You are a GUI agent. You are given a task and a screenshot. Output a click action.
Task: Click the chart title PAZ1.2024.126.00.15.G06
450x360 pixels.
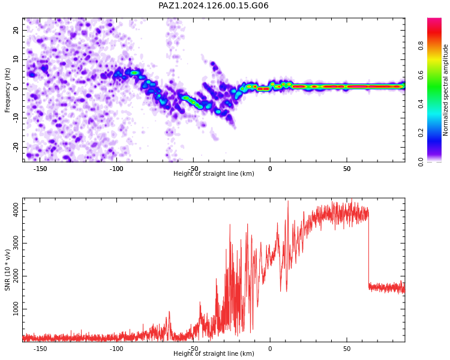[213, 6]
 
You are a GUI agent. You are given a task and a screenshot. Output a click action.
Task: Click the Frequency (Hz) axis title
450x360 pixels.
[7, 90]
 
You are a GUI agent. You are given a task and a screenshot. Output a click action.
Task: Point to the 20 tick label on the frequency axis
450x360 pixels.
[16, 30]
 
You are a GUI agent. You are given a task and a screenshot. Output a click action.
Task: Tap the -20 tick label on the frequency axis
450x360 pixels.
[16, 147]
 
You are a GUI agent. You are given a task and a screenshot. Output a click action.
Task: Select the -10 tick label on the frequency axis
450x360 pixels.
[16, 118]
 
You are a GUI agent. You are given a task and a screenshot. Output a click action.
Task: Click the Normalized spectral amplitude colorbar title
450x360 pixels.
[445, 90]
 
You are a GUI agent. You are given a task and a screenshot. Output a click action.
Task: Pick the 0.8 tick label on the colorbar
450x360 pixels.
[421, 46]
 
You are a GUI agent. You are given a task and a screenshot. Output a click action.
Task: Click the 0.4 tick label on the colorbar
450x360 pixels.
[421, 104]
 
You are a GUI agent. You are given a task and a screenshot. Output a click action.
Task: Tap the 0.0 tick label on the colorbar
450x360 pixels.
[421, 162]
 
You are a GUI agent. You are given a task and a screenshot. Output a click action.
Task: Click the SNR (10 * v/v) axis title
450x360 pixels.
[7, 270]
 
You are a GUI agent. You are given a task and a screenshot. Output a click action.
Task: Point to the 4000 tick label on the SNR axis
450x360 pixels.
[16, 211]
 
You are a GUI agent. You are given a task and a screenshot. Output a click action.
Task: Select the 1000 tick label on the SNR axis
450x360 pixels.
[16, 309]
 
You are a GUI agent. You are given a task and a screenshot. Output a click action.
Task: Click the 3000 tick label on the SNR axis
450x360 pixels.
[16, 244]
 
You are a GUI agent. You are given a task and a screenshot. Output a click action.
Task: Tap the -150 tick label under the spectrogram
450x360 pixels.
[40, 169]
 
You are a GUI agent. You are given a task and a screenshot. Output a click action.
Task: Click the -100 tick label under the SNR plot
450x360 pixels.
[116, 349]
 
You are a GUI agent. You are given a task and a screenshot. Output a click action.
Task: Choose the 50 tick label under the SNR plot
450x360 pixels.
[347, 349]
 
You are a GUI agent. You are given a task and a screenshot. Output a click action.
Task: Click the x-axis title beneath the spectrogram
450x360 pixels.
[214, 173]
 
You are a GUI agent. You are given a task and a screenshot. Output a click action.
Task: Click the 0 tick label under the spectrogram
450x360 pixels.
[270, 169]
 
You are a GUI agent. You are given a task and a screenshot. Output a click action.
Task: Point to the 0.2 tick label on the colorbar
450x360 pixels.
[421, 133]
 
